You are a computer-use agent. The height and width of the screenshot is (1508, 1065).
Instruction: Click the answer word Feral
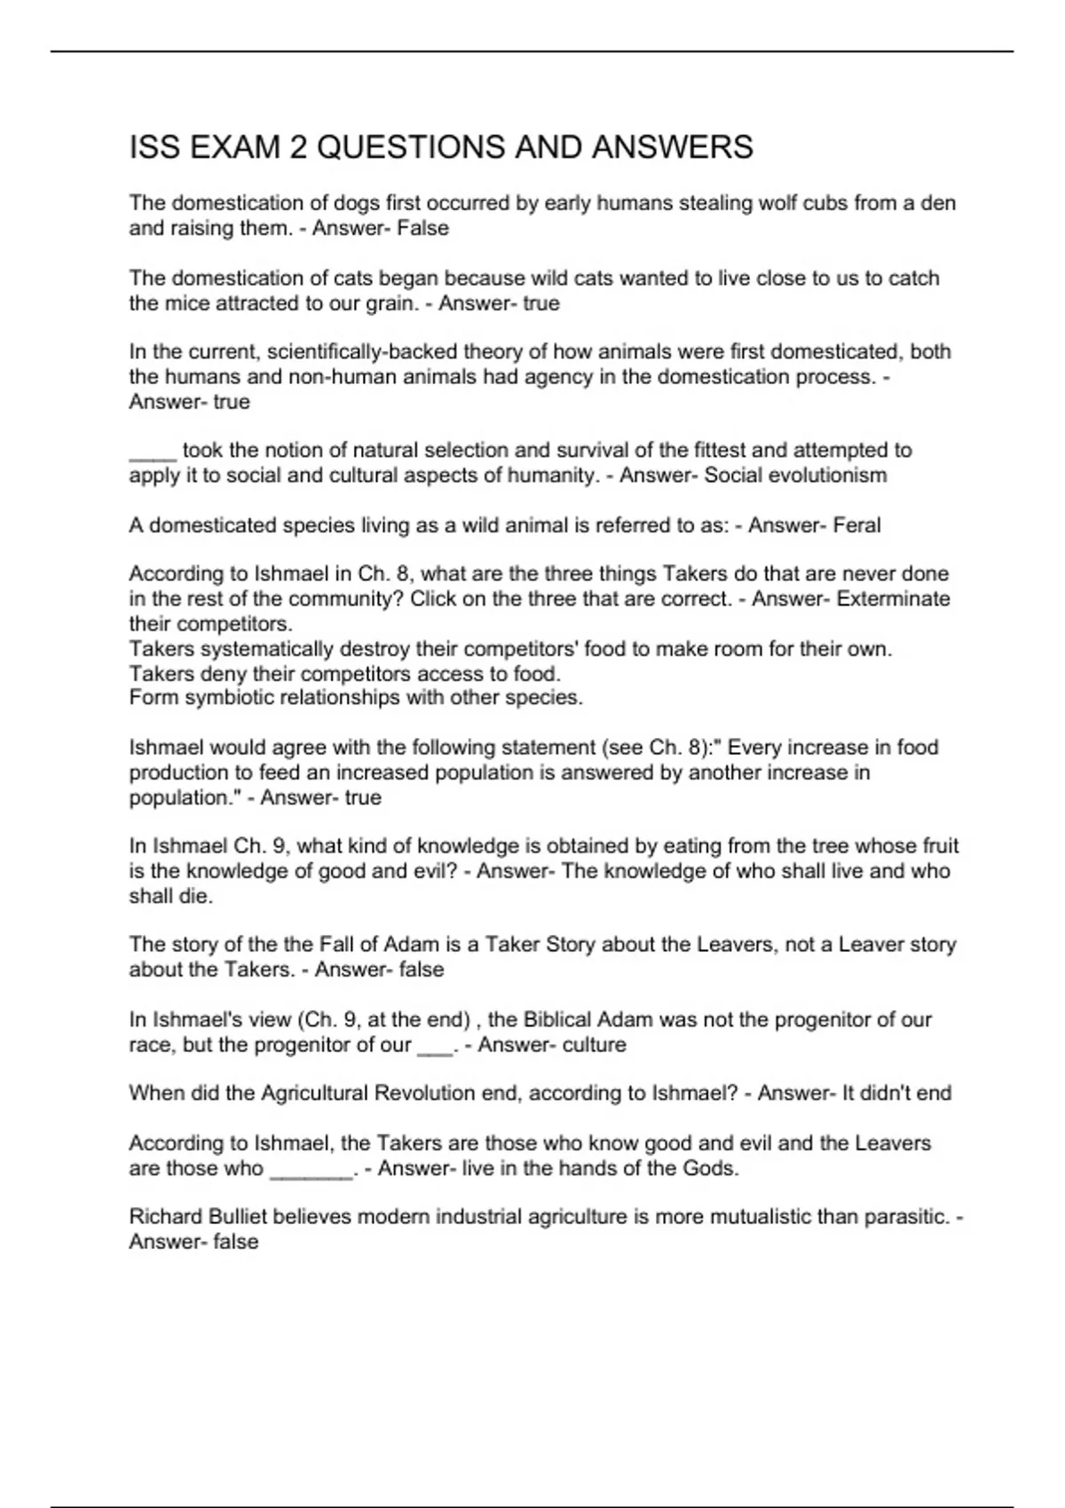[857, 525]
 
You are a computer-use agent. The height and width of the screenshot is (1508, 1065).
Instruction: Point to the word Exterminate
[894, 599]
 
